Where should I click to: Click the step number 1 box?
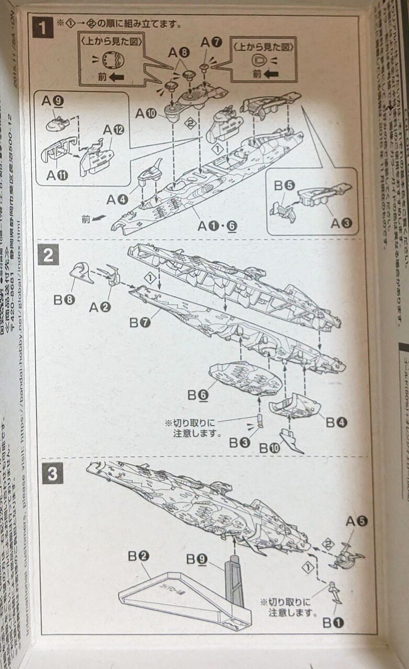coord(43,27)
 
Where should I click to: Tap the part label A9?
coord(53,103)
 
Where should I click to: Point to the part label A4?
coord(118,199)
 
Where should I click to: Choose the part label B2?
coord(139,556)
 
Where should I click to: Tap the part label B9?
coord(199,560)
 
